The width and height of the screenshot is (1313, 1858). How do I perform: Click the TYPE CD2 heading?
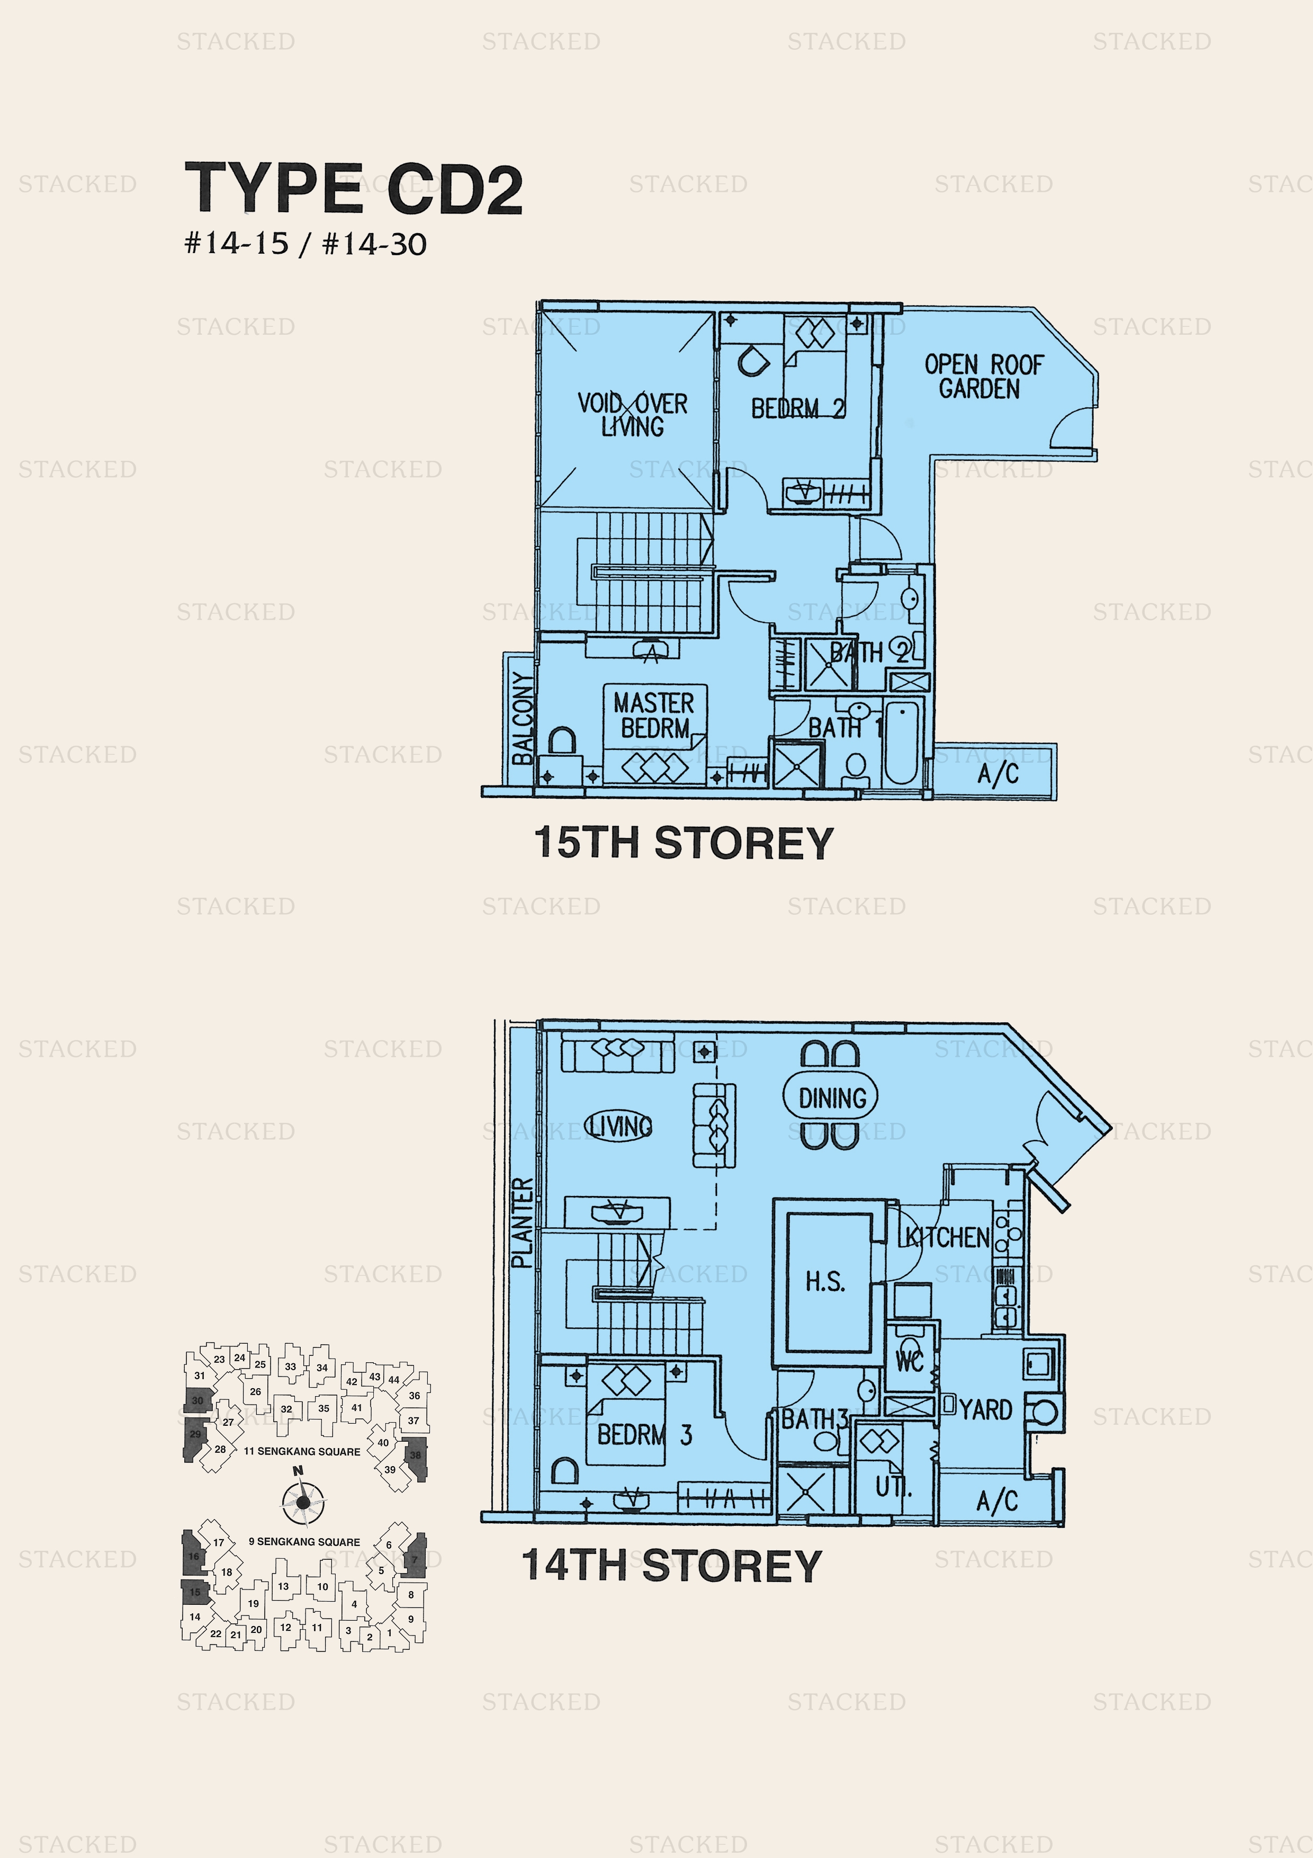click(x=354, y=189)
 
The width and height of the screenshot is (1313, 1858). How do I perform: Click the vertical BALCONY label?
click(x=523, y=717)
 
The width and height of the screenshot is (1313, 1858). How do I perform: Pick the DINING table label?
click(x=832, y=1098)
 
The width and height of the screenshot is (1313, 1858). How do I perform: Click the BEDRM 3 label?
click(x=644, y=1435)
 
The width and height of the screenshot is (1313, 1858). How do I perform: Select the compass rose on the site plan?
click(x=302, y=1502)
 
